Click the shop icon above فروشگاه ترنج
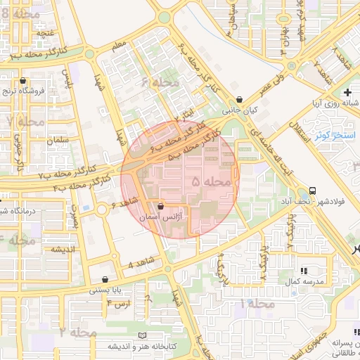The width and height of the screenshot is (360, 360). (x=25, y=81)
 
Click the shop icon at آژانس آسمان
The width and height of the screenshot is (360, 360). (x=162, y=207)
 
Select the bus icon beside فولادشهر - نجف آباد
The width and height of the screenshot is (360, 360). (x=312, y=191)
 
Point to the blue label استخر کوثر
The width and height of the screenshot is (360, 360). (x=335, y=134)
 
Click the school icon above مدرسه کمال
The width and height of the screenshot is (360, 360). (x=304, y=271)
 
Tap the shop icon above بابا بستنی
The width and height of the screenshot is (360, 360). (x=105, y=279)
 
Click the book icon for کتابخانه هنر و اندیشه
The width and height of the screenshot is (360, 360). (x=144, y=335)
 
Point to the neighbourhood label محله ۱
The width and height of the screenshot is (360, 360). (x=257, y=303)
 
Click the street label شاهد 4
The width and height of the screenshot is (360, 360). (x=141, y=265)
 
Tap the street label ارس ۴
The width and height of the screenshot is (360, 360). (x=120, y=302)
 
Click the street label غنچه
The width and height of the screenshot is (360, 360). (x=46, y=33)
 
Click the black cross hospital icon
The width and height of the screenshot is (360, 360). (x=347, y=93)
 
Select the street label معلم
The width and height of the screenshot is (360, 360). (x=120, y=47)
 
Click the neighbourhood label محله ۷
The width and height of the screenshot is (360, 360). (x=25, y=122)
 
